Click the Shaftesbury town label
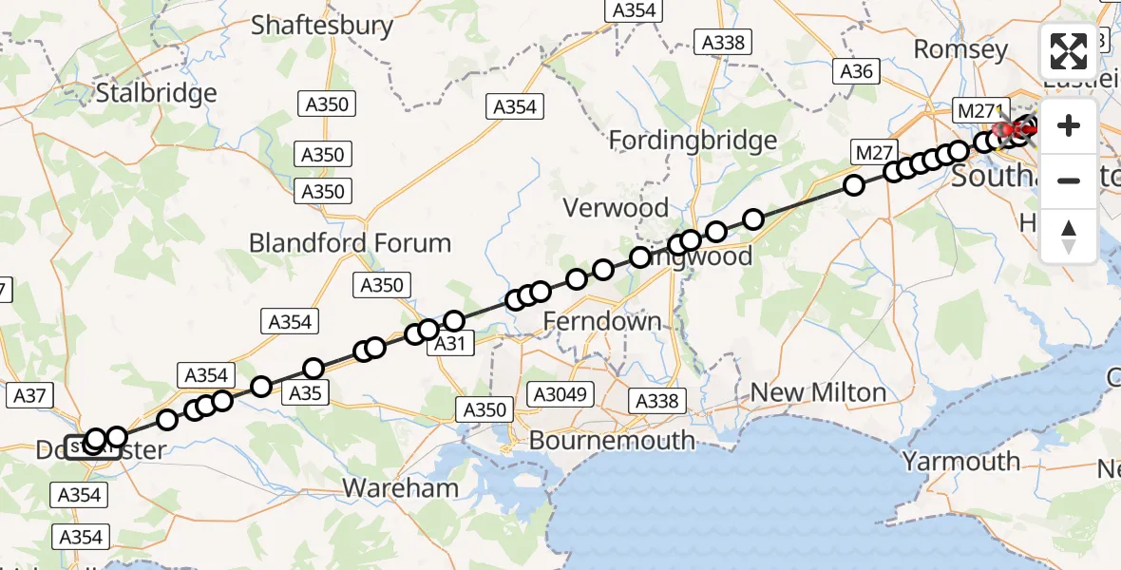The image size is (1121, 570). [322, 25]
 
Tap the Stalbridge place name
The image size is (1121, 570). [157, 93]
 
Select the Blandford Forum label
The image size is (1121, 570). [350, 243]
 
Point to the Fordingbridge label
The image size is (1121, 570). [693, 141]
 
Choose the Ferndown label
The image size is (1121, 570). [601, 322]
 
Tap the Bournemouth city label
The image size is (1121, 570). [612, 441]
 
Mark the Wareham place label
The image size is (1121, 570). [400, 488]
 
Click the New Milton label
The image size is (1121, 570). [818, 392]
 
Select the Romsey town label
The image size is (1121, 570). [960, 48]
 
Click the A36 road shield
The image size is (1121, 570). [855, 71]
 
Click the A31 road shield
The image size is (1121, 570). [449, 344]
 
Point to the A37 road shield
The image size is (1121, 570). [30, 395]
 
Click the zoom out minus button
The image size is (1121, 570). [1069, 180]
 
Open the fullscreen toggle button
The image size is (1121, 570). [1069, 51]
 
